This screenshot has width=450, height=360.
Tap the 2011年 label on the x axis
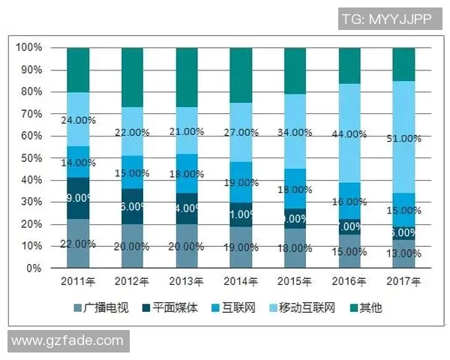click(x=78, y=282)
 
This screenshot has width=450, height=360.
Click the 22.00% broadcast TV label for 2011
click(x=78, y=244)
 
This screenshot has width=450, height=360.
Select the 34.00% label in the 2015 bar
click(x=295, y=133)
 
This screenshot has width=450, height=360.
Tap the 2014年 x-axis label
click(x=241, y=282)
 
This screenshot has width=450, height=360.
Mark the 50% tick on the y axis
click(x=32, y=158)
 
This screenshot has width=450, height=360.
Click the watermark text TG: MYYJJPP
click(x=386, y=19)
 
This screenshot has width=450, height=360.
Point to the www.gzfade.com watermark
click(x=67, y=340)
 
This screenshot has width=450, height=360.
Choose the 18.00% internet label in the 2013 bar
click(x=187, y=174)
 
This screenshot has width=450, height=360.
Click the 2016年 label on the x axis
click(x=350, y=282)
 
